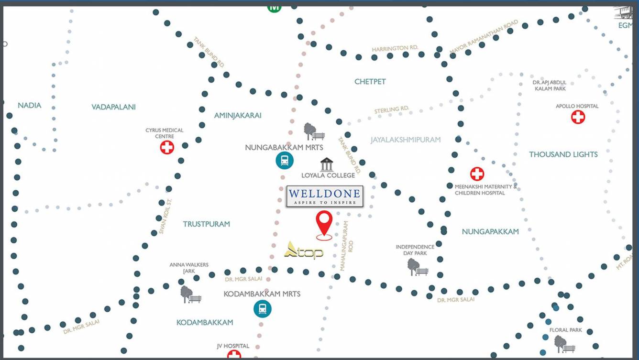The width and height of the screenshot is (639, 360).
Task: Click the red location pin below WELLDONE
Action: point(324,224)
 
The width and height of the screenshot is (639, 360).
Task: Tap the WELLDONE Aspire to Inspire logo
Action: point(325,196)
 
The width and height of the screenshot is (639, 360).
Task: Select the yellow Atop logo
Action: point(304,250)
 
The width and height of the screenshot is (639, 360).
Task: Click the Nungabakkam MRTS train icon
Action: point(285,160)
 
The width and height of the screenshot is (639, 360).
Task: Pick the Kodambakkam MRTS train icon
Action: point(263,309)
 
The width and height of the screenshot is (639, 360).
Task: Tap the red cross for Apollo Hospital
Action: point(578,117)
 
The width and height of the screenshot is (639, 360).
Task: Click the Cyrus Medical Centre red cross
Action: point(167,147)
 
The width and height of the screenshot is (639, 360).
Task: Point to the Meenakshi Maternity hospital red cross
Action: point(477,174)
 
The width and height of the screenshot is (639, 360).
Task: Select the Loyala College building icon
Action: point(327,164)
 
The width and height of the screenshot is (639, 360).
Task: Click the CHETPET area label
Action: point(370,82)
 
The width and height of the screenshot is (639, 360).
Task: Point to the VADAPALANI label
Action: point(114,107)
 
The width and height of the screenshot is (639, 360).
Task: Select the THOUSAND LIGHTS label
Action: point(563,154)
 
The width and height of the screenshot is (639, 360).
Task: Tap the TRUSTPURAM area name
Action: point(207,224)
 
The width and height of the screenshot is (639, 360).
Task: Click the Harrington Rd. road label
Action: point(395,48)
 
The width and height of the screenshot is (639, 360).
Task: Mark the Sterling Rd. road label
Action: point(392,110)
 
